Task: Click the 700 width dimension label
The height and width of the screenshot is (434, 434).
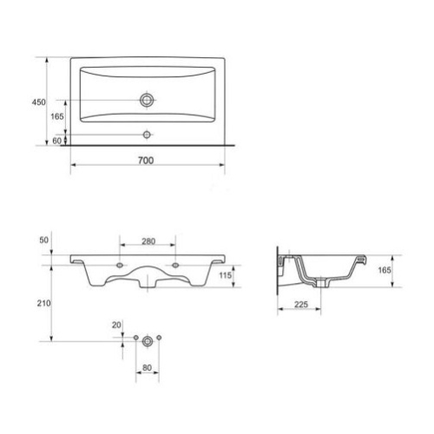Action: click(146, 161)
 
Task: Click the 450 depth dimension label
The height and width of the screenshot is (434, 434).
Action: click(38, 102)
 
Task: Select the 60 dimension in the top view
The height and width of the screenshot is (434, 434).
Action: click(57, 141)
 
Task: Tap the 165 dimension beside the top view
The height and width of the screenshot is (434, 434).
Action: click(57, 116)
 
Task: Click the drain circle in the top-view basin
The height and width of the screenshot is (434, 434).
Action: click(147, 100)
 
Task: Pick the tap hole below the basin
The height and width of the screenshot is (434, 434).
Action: click(147, 135)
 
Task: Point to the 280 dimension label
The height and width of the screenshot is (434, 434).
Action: click(148, 241)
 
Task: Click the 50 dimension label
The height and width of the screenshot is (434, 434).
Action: click(43, 240)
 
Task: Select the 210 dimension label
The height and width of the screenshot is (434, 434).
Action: click(43, 303)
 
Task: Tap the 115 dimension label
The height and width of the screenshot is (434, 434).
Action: click(225, 275)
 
